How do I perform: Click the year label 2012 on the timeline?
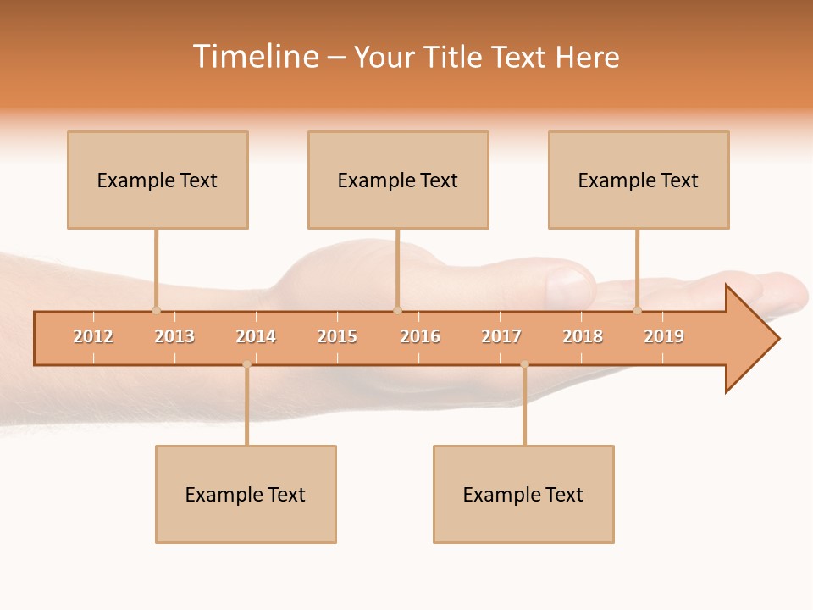[x=93, y=336]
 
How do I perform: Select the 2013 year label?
[x=174, y=336]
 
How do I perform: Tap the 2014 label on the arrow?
[x=256, y=336]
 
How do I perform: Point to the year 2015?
[x=337, y=336]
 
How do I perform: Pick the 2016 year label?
[x=420, y=336]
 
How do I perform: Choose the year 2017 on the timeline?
[x=501, y=336]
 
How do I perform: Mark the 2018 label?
[x=583, y=336]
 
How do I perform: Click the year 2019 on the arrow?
[x=664, y=336]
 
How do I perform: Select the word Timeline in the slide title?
[x=255, y=57]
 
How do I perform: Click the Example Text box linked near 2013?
[x=158, y=180]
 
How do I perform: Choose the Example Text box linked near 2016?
[x=398, y=180]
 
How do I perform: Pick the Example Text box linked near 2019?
[x=639, y=180]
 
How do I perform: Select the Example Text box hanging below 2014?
[x=246, y=494]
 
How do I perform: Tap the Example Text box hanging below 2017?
[x=523, y=494]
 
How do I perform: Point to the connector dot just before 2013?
[x=156, y=310]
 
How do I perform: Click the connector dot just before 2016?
[x=397, y=310]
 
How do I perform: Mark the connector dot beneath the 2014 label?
[x=246, y=364]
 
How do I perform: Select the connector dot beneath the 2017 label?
[x=524, y=364]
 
